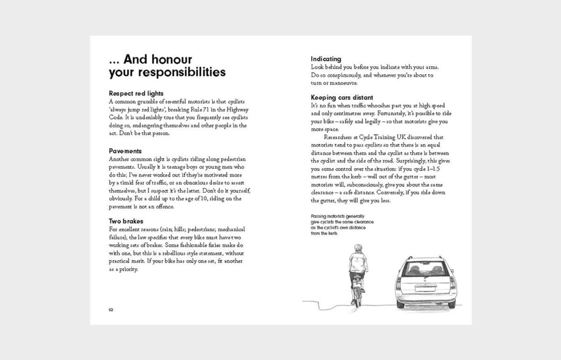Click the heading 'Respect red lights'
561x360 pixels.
(x=136, y=93)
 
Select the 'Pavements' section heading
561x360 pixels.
(x=125, y=151)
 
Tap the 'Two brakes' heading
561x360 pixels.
(x=126, y=221)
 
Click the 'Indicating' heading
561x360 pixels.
(x=326, y=59)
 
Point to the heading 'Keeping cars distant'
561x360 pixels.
(x=342, y=97)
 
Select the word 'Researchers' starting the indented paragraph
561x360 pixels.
(x=341, y=137)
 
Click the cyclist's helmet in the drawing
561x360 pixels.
(x=359, y=248)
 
